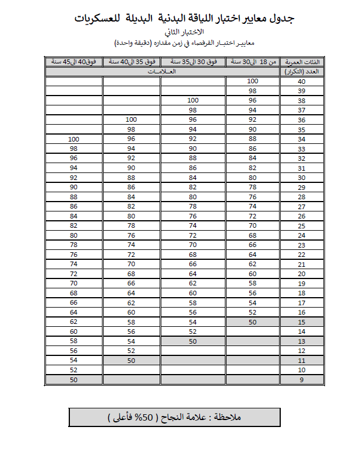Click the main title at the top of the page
coord(185,19)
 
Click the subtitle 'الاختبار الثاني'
coord(185,33)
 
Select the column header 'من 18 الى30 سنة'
coord(252,62)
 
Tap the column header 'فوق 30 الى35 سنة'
coord(193,62)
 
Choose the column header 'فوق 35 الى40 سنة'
coord(132,62)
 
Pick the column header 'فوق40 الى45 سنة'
coord(73,62)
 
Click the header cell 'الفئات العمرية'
coord(302,62)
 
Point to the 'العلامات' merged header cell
coord(162,72)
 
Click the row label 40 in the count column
coord(302,82)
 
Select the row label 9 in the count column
coord(302,380)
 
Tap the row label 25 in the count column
coord(302,225)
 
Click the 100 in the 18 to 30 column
coord(252,82)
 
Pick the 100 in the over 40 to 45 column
coord(73,139)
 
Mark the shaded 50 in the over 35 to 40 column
coord(132,361)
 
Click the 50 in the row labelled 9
coord(73,380)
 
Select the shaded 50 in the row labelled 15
coord(252,322)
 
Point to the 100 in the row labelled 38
coord(193,101)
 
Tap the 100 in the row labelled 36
coord(132,120)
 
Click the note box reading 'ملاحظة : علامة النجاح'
coord(175,417)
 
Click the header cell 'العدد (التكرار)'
coord(302,72)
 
